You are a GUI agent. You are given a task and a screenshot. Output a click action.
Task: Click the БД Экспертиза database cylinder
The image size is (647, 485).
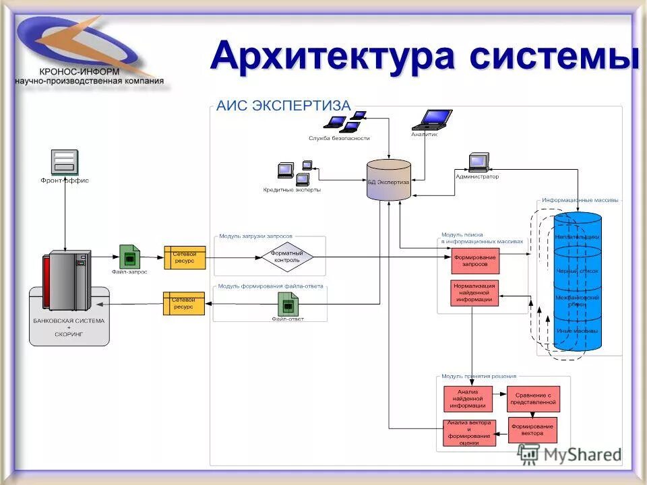pos(388,179)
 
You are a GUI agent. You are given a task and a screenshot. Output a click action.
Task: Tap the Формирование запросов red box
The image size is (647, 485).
pos(474,261)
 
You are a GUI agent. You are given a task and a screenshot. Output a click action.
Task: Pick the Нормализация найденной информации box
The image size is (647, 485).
pos(474,293)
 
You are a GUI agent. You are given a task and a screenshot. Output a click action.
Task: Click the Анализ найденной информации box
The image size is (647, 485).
pos(471,399)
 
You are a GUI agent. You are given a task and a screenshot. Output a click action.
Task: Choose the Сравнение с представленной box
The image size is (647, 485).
pos(533,399)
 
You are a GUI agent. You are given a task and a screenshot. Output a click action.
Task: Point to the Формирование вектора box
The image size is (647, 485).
pos(532,430)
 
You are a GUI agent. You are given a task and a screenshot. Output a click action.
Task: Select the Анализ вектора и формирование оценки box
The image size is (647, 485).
pos(470,432)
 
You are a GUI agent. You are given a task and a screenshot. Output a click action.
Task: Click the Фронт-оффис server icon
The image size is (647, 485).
pos(65,162)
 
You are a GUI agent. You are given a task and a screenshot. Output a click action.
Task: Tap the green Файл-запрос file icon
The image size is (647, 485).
pos(129,256)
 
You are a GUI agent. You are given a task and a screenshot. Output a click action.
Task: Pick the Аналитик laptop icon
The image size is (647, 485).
pos(431,119)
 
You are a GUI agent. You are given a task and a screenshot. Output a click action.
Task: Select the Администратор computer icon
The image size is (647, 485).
pos(479,162)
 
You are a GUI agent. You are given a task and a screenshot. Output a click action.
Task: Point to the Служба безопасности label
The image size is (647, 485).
pos(339,138)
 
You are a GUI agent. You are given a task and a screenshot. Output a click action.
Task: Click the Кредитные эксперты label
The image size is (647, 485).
pos(292,190)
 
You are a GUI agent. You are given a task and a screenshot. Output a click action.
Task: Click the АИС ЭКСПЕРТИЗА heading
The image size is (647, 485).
pos(283,106)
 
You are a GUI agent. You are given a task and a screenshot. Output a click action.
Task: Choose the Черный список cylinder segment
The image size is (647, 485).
pos(577,270)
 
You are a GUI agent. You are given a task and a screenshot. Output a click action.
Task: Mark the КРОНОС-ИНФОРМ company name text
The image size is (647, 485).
pos(79,71)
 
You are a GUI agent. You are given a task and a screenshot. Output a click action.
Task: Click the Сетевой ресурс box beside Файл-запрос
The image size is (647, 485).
pos(185,257)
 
